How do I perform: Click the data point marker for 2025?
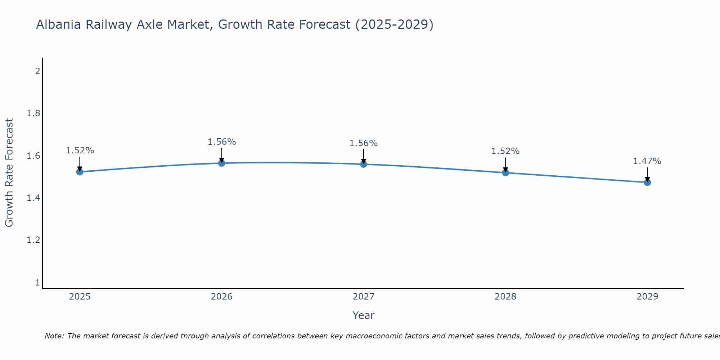[x=80, y=172]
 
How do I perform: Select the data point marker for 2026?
[x=222, y=163]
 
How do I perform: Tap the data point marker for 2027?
[x=364, y=164]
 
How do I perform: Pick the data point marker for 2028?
[x=505, y=172]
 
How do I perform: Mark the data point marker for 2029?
[x=647, y=182]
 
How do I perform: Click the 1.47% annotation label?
[x=647, y=161]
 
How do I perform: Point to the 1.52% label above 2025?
[x=80, y=150]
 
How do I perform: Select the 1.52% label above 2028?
[x=505, y=151]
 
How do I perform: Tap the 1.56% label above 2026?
[x=222, y=142]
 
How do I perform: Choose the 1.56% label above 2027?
[x=364, y=143]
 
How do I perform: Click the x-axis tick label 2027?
[x=364, y=297]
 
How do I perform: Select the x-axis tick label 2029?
[x=647, y=297]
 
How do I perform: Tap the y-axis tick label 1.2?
[x=33, y=240]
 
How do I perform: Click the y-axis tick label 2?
[x=37, y=71]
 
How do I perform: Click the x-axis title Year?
[x=364, y=315]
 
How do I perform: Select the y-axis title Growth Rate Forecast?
[x=9, y=173]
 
